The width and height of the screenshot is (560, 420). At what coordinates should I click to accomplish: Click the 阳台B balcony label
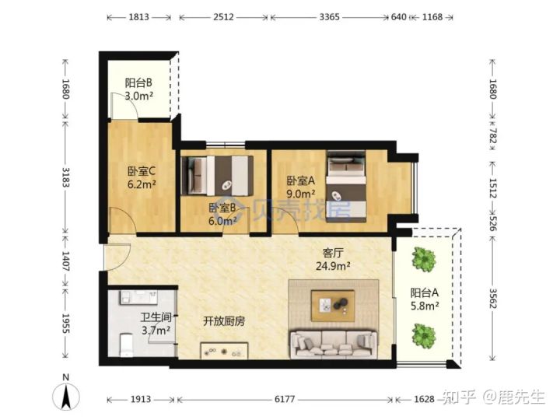[x=138, y=82]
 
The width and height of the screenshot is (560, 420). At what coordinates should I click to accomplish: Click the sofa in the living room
[x=333, y=343]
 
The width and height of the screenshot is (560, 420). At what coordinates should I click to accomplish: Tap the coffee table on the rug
[x=332, y=304]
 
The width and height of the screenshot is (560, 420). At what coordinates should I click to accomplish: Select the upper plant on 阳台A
[x=423, y=259]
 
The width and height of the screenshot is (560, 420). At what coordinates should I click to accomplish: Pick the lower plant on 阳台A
[x=423, y=334]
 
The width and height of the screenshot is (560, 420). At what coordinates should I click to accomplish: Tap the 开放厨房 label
[x=225, y=321]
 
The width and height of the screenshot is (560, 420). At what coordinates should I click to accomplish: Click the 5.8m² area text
[x=425, y=306]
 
